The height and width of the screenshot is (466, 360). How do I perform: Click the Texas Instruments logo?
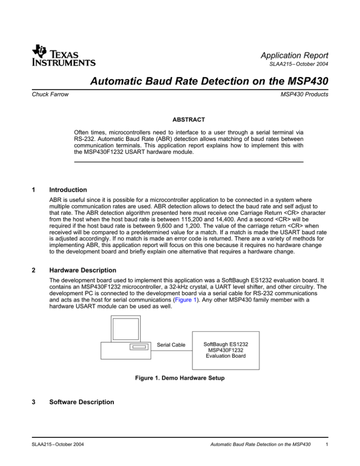64,55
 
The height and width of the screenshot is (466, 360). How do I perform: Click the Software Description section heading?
106,402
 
